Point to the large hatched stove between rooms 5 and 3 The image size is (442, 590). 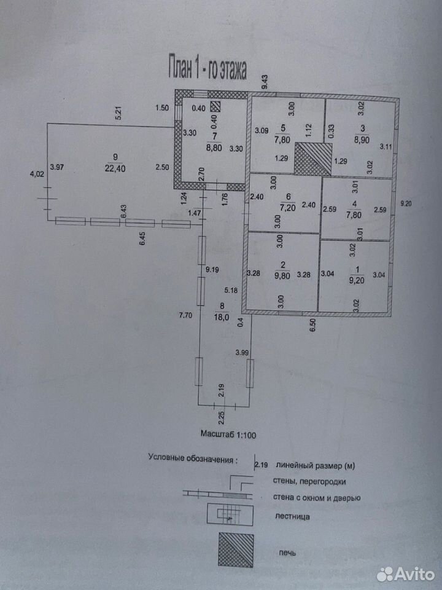(313, 159)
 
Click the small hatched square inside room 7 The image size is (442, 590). (215, 107)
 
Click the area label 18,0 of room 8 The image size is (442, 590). (222, 317)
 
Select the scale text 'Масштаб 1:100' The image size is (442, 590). (228, 435)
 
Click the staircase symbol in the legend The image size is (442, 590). (230, 514)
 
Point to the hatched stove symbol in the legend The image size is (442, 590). (236, 551)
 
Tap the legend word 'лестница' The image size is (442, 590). (293, 517)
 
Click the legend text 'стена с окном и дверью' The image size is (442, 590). (317, 498)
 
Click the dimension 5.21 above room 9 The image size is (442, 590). (120, 114)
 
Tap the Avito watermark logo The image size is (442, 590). (405, 574)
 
